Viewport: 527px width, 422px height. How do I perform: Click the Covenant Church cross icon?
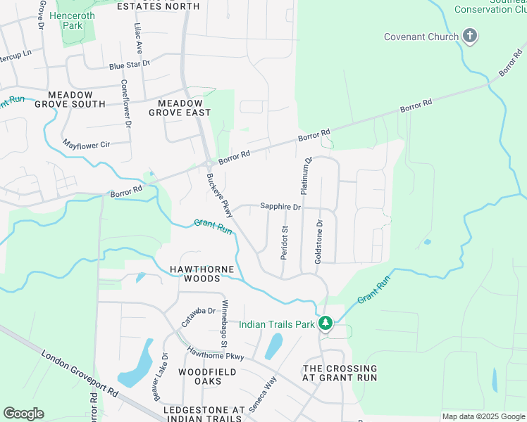pos(470,36)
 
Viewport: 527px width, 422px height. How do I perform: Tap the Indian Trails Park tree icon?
pos(325,324)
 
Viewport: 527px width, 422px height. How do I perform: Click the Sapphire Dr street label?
pos(280,207)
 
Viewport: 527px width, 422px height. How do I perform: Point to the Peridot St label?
pos(285,243)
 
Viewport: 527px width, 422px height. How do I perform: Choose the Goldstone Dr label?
pos(318,241)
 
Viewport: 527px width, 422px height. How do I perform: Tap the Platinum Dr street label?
pos(306,176)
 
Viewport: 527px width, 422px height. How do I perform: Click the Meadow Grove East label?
pos(180,108)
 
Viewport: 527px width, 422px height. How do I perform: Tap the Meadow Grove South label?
pos(75,99)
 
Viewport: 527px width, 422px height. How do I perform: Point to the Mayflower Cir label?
pos(87,144)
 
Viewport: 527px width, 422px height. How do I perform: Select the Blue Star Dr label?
pos(130,65)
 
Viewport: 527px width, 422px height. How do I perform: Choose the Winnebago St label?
pos(225,324)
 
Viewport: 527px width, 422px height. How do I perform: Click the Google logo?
pos(23,414)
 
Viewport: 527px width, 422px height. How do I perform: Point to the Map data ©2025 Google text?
pos(483,416)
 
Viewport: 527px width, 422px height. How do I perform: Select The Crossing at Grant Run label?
pos(340,373)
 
